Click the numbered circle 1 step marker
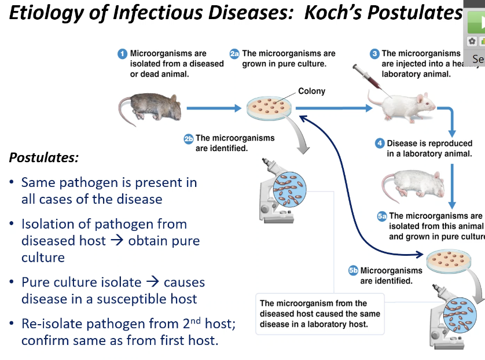[122, 54]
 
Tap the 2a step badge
[234, 54]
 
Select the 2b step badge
[189, 139]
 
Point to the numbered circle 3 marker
[375, 54]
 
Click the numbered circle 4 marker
[380, 144]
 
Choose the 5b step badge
[353, 270]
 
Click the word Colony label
[312, 91]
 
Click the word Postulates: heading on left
[44, 157]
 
